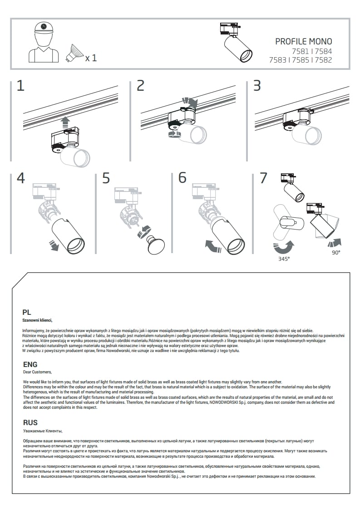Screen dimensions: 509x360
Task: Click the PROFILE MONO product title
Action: click(x=303, y=42)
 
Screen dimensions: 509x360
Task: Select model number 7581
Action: click(x=300, y=51)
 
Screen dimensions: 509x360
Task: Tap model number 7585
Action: click(x=300, y=60)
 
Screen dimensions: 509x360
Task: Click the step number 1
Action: click(x=20, y=86)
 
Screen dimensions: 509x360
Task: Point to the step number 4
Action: click(x=20, y=178)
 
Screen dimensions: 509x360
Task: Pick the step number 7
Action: click(x=263, y=178)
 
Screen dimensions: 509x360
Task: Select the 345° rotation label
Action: click(x=284, y=259)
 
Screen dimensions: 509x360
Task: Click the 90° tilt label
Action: click(x=335, y=253)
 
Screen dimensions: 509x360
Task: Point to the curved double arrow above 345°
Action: click(x=284, y=248)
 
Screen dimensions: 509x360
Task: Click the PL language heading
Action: click(x=27, y=312)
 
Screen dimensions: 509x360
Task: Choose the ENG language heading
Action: click(x=30, y=364)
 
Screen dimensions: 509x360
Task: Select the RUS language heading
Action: click(x=30, y=423)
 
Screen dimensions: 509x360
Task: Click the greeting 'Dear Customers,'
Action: click(x=37, y=372)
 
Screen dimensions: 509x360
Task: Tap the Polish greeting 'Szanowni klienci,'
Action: click(x=37, y=320)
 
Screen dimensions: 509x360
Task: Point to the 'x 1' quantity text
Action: click(x=91, y=58)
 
